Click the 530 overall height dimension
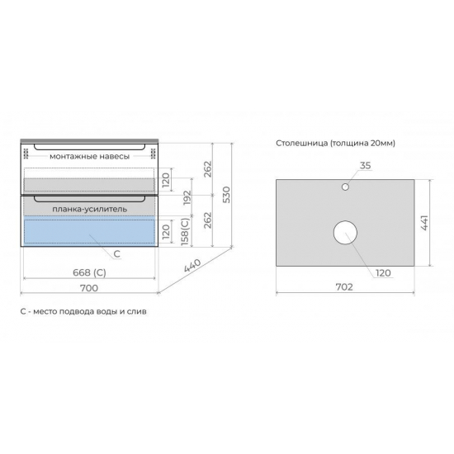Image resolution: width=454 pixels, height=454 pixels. pos(227,195)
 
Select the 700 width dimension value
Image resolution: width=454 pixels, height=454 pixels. pos(89,288)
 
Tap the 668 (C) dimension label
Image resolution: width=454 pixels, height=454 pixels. pos(89,272)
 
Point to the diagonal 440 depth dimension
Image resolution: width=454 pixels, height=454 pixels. pos(192,265)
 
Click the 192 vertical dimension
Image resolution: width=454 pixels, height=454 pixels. pos(187,197)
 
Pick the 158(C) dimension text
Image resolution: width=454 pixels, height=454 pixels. pos(185,232)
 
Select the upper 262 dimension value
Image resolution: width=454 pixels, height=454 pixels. pos(208,169)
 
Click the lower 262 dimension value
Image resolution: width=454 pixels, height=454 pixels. pos(208,220)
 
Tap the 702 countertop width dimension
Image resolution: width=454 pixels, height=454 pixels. pos(344,287)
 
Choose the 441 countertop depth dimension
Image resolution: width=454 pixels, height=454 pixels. pos(424,223)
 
